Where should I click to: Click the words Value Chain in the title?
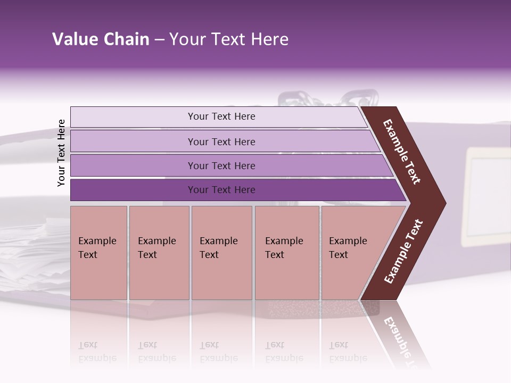[x=101, y=39]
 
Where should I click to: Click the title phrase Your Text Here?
[x=229, y=39]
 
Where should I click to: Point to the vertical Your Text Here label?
[x=61, y=153]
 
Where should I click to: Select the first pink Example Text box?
[x=98, y=252]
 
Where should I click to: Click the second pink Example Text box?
[x=159, y=252]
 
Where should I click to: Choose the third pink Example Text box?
[x=221, y=252]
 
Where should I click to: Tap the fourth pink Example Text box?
[x=286, y=252]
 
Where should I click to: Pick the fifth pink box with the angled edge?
[x=351, y=252]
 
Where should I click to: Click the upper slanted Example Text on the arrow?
[x=402, y=152]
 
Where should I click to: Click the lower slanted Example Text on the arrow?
[x=403, y=252]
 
